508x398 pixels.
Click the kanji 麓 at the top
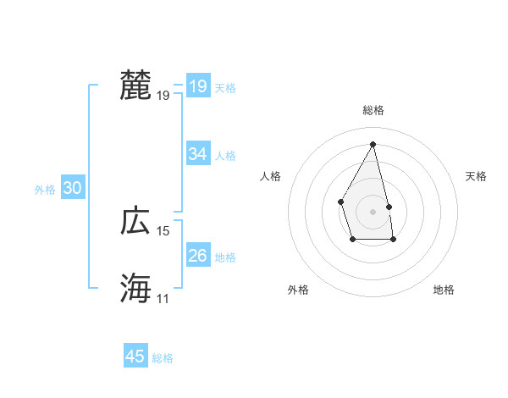coord(135,86)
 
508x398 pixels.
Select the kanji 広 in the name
coord(135,221)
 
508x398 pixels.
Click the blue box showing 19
coord(197,86)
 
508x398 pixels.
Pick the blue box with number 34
coord(197,154)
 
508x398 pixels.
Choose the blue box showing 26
coord(197,255)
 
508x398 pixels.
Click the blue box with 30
coord(72,188)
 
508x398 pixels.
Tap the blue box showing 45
coord(135,357)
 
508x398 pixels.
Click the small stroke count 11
coord(163,299)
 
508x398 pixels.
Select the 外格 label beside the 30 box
coord(45,190)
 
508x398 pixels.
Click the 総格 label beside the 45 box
coord(163,358)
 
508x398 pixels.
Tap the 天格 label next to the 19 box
coord(225,88)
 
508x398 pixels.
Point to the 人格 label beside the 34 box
coord(225,156)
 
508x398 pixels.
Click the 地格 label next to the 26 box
coord(225,257)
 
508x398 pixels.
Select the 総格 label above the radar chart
coord(373,110)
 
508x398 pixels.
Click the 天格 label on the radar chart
coord(477,176)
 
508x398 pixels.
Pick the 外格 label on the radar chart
coord(298,290)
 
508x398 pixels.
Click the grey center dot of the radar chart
coord(373,211)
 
